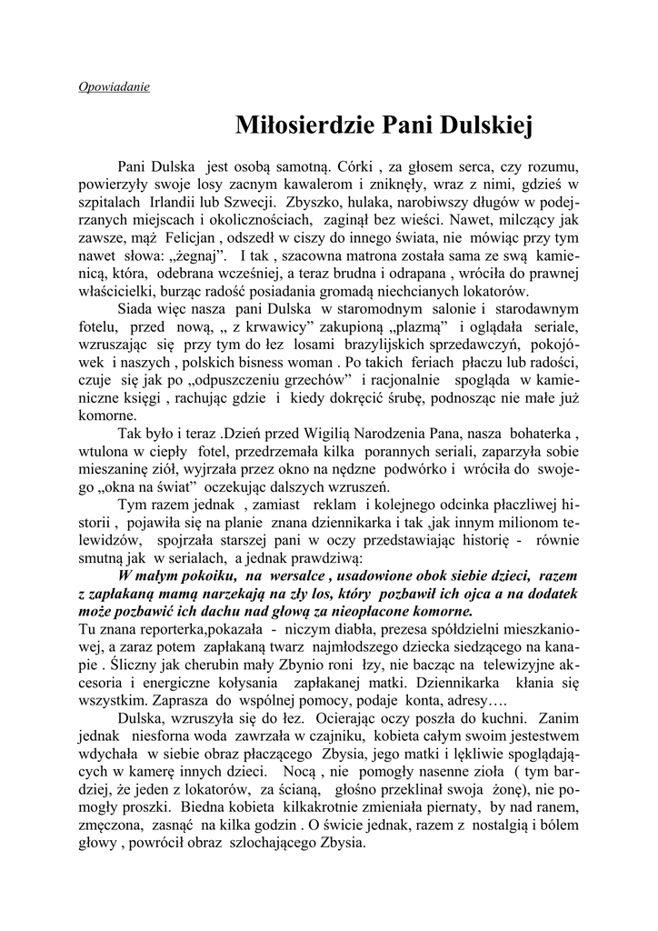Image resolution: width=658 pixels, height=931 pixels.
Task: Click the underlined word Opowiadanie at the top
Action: point(114,88)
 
